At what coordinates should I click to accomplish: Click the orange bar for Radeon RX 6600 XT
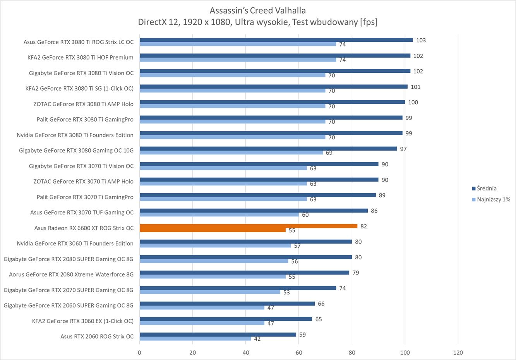point(248,226)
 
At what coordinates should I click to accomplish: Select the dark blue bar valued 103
point(276,40)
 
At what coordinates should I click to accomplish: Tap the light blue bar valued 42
point(195,339)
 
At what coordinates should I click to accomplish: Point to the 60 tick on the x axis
point(299,353)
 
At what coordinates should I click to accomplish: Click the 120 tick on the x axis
point(458,353)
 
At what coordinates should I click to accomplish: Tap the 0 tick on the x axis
point(140,353)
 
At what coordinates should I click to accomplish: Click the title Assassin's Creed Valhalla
point(257,10)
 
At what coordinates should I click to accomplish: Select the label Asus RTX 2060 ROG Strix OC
point(97,336)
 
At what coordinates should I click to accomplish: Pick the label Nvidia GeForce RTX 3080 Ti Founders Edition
point(75,135)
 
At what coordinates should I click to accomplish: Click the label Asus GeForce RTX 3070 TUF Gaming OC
point(82,213)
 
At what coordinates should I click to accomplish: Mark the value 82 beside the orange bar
point(363,226)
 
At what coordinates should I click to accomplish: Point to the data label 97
point(403,149)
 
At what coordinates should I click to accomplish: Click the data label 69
point(329,153)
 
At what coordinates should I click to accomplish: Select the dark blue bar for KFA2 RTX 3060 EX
point(226,319)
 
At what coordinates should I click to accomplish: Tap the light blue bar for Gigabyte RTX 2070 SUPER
point(210,292)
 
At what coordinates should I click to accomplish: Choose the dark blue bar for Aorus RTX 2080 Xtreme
point(244,273)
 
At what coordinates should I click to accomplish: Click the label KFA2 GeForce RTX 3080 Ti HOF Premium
point(80,58)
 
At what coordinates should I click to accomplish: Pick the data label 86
point(374,211)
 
